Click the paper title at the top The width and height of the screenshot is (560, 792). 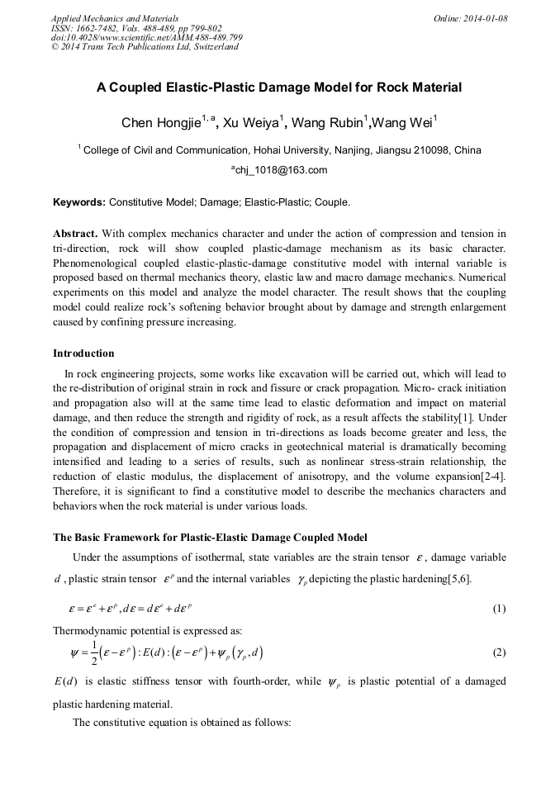(x=279, y=88)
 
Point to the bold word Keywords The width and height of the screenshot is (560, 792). (x=78, y=202)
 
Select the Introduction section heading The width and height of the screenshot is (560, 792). (x=83, y=353)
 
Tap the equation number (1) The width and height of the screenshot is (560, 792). (x=499, y=609)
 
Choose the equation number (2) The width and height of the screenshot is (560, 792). (x=499, y=652)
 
